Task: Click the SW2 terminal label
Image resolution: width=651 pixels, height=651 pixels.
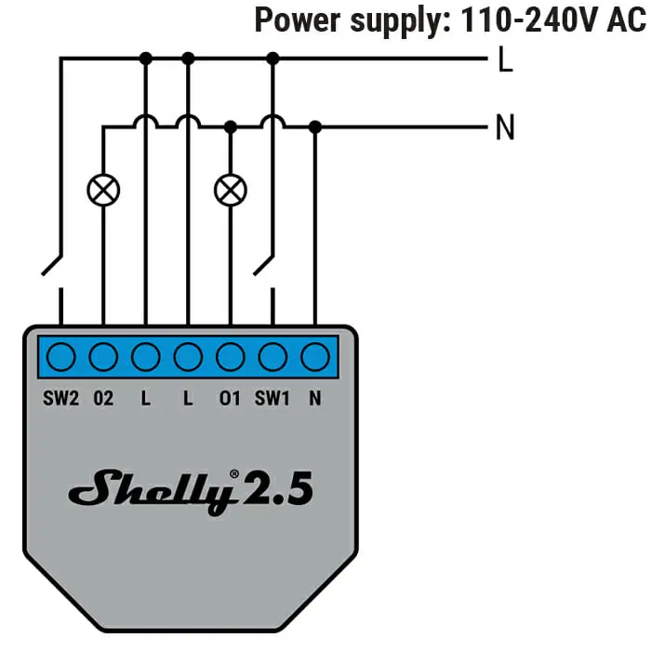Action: coord(60,399)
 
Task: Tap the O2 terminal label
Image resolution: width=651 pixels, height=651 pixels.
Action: coord(103,399)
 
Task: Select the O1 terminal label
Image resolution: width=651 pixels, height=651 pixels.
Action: coord(230,399)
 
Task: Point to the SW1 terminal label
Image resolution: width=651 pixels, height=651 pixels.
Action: coord(272,399)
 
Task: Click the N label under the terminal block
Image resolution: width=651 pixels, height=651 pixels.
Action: coord(315,399)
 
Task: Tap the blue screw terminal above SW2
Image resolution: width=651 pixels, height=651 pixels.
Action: coord(61,356)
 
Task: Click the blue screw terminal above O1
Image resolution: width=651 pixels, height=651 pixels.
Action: coord(231,356)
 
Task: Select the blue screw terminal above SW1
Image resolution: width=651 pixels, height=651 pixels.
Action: coord(272,356)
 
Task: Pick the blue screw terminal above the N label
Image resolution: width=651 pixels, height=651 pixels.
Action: coord(315,356)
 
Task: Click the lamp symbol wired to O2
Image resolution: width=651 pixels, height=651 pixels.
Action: coord(103,190)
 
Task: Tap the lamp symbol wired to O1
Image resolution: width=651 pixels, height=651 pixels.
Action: coord(231,190)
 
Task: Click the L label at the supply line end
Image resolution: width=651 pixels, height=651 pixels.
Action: coord(505,59)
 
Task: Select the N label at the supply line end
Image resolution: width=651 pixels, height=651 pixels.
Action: coord(505,126)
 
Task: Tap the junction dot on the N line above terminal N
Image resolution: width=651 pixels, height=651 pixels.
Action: coord(315,126)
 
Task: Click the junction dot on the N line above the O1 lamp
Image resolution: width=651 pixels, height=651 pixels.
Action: coord(231,126)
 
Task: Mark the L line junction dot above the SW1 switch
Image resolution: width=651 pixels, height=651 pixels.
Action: coord(272,59)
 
